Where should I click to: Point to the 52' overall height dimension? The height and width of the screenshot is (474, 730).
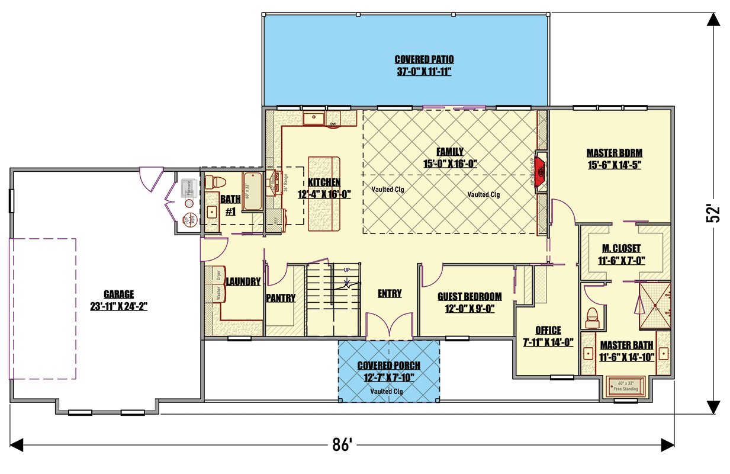(712, 214)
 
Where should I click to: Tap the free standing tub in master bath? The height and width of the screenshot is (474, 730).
(626, 386)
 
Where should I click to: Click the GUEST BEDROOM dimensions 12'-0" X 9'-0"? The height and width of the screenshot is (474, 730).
(469, 309)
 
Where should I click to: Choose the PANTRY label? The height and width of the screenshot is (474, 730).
(281, 298)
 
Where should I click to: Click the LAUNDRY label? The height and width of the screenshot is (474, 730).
(243, 282)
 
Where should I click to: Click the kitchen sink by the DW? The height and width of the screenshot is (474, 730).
(313, 118)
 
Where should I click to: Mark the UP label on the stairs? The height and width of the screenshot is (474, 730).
(347, 270)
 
